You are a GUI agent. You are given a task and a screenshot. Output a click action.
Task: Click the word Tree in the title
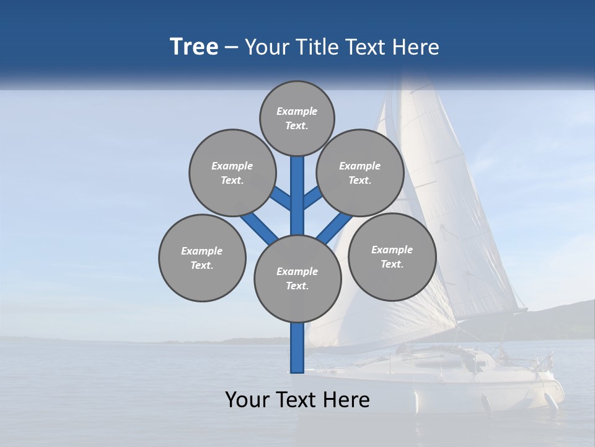click(194, 47)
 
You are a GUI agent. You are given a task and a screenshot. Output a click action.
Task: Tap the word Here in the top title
click(416, 47)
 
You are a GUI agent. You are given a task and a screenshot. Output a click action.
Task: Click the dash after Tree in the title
click(232, 48)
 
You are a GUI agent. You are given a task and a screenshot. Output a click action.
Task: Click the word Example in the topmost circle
click(297, 112)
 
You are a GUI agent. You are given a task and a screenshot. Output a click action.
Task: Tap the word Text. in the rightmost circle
click(392, 264)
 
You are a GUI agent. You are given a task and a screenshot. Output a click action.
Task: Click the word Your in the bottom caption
click(247, 400)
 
